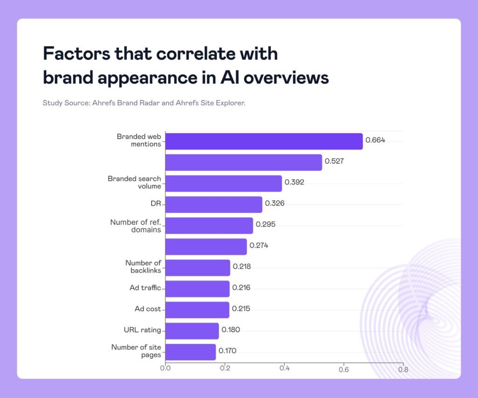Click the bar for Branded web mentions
[x=264, y=141]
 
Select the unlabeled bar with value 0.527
[x=243, y=162]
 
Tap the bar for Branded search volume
[x=223, y=183]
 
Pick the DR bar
[x=213, y=204]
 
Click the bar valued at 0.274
[x=206, y=246]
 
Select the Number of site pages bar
[x=190, y=351]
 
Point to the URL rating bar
[x=192, y=330]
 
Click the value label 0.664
[x=375, y=140]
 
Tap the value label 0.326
[x=274, y=203]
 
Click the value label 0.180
[x=231, y=330]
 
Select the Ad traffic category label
[x=145, y=288]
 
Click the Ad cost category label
[x=148, y=309]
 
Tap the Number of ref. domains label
[x=135, y=226]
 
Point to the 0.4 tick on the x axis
[x=284, y=368]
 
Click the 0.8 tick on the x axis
[x=403, y=368]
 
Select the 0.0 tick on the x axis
[x=165, y=368]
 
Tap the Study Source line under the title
[x=144, y=103]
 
